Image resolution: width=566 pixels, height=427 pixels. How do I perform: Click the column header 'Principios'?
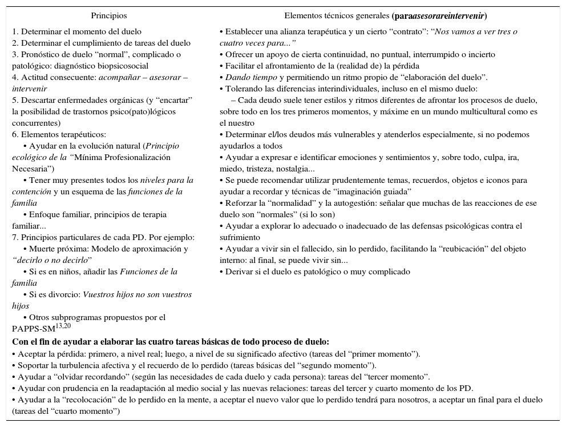(x=109, y=16)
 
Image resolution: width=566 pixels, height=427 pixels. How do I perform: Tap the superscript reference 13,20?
(x=63, y=325)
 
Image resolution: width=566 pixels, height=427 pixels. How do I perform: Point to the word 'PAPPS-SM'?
(x=34, y=329)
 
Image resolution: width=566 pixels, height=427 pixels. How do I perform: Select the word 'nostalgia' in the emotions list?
(x=291, y=169)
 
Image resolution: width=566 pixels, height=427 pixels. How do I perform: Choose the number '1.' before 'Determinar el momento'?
(x=15, y=31)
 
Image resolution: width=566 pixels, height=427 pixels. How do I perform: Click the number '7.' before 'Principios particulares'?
(x=15, y=237)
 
